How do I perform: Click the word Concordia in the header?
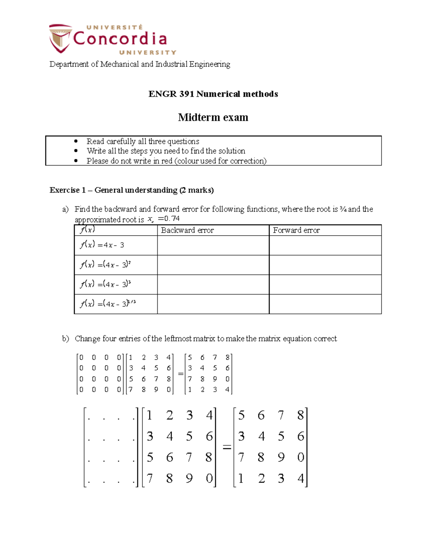(120, 39)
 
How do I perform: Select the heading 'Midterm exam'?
(213, 117)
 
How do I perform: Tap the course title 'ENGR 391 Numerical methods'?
(213, 94)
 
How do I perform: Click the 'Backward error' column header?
(187, 230)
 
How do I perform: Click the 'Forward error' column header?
(296, 230)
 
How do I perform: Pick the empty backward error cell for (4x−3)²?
(213, 265)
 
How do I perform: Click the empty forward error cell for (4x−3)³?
(325, 284)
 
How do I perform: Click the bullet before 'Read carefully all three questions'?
(75, 141)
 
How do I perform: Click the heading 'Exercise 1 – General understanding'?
(131, 190)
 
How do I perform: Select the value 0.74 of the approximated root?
(172, 219)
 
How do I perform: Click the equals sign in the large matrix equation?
(227, 447)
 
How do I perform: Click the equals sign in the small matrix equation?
(180, 374)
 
